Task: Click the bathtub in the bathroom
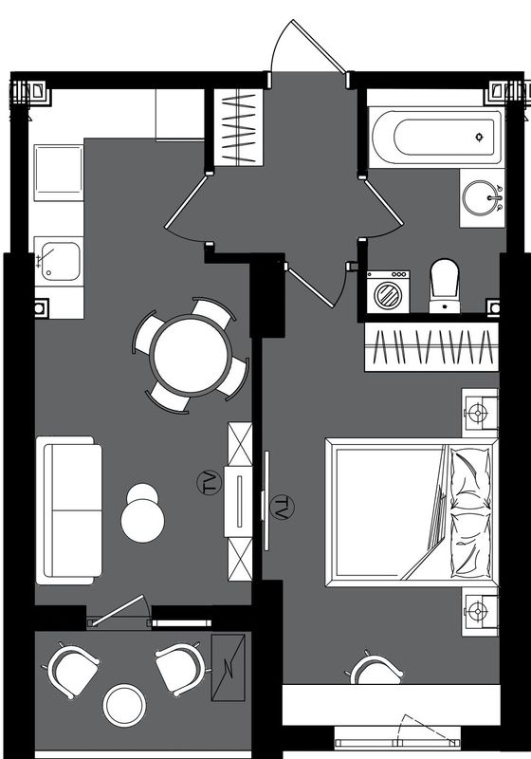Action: [436, 137]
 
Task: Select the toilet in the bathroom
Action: [445, 286]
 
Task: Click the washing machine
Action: [388, 291]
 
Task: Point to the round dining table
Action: [191, 355]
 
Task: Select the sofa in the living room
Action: [69, 510]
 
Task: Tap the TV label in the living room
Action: [210, 483]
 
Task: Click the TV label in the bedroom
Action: [282, 508]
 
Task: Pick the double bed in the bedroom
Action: [412, 512]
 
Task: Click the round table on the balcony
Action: [124, 704]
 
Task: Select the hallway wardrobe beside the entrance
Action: [239, 128]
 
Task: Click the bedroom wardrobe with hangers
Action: [431, 347]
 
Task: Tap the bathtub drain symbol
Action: [479, 137]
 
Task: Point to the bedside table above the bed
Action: [480, 413]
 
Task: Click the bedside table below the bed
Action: [480, 612]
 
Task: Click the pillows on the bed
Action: [471, 512]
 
